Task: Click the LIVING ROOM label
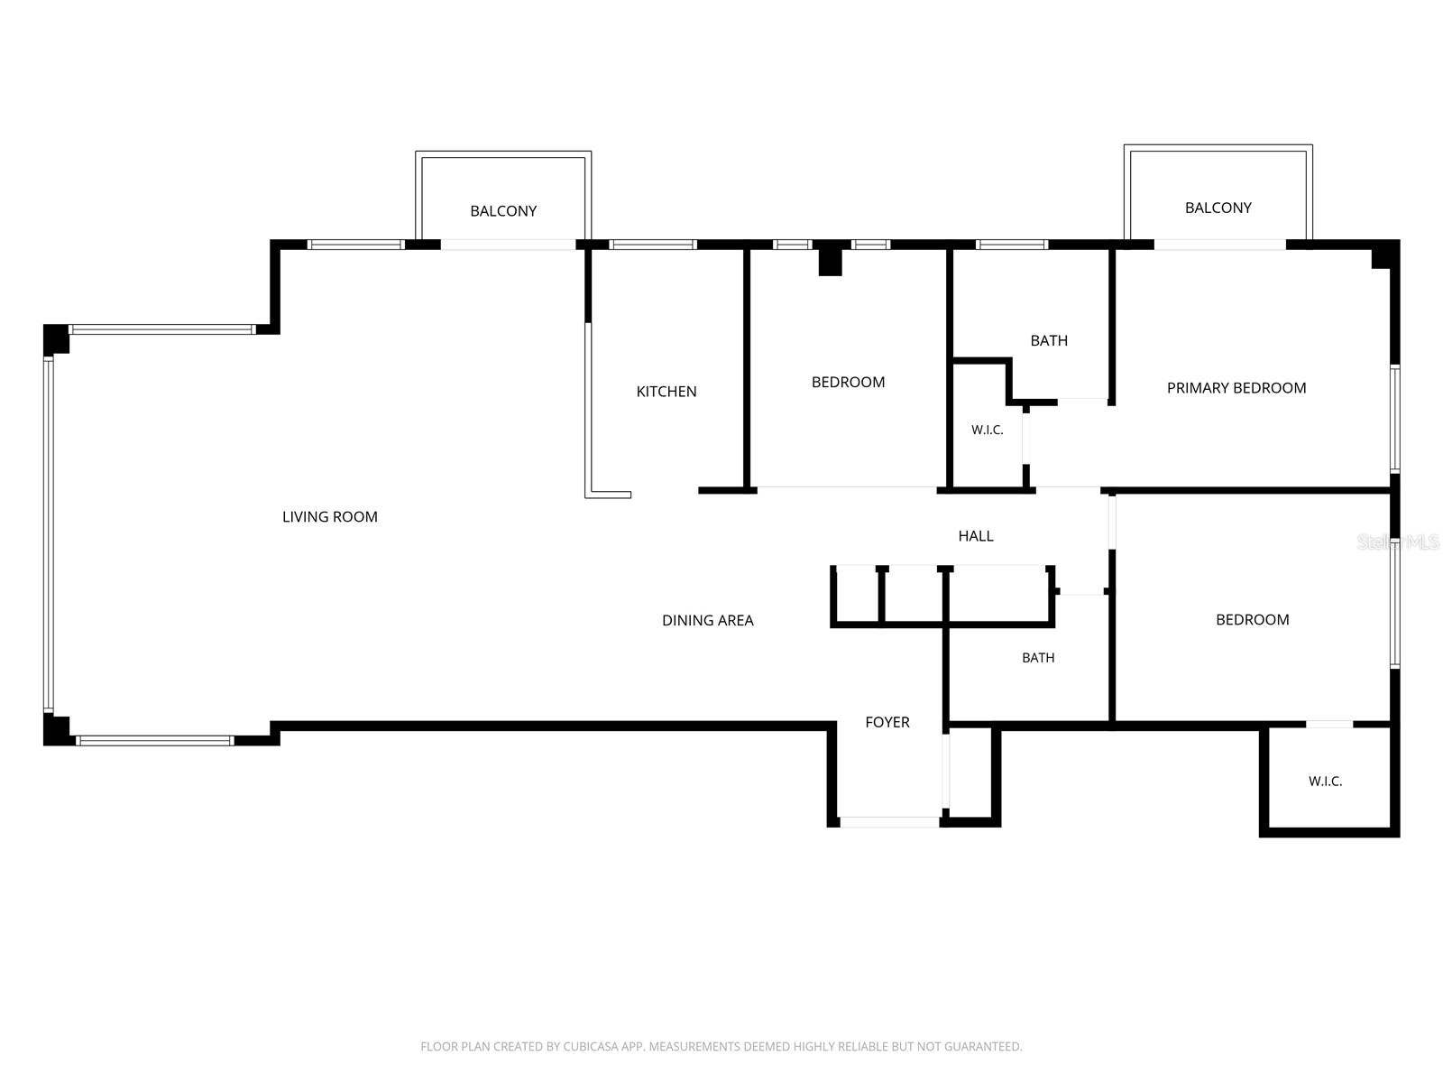coord(329,517)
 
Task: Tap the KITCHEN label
coord(666,392)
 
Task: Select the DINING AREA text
coord(707,620)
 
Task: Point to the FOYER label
coord(887,722)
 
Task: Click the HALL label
coord(976,536)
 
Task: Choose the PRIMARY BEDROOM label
coord(1236,388)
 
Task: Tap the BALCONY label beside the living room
coord(503,211)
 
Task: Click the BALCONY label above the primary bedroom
coord(1218,208)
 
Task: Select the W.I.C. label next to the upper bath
coord(987,430)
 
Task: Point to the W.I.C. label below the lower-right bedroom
coord(1325,782)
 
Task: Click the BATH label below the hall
coord(1038,658)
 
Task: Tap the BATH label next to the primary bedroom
coord(1049,340)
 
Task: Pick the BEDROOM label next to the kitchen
coord(848,382)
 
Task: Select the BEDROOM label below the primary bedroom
coord(1253,619)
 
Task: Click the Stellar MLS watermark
coord(1397,541)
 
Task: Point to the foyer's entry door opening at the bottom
coord(889,822)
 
